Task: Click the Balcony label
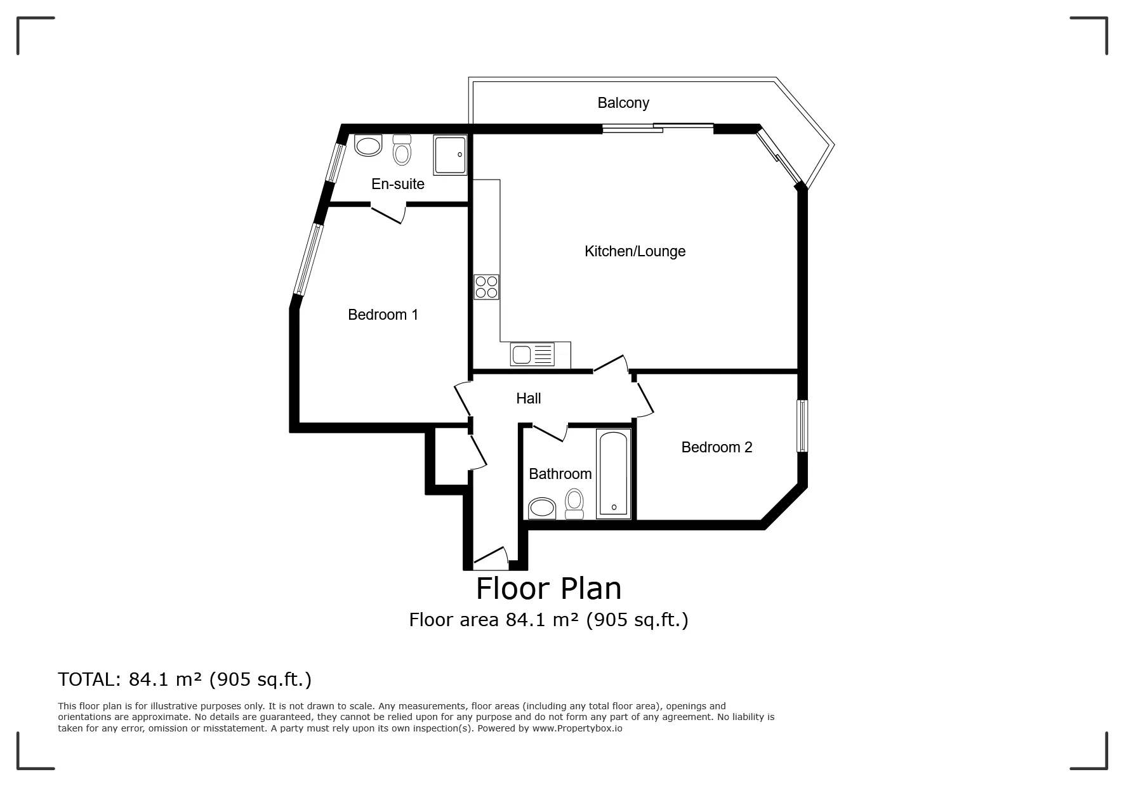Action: (x=623, y=103)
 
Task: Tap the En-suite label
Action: (x=398, y=184)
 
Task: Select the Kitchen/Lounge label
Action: (x=635, y=251)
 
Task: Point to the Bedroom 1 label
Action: (x=383, y=315)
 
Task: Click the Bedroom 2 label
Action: (x=717, y=447)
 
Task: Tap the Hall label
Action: (x=529, y=398)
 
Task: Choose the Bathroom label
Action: (x=560, y=474)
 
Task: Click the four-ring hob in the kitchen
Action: (x=487, y=287)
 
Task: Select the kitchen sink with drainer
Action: (x=532, y=355)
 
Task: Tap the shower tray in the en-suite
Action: (x=451, y=155)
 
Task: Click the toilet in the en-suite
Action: (x=402, y=150)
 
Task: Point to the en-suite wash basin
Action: (x=368, y=145)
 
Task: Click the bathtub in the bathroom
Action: (x=614, y=473)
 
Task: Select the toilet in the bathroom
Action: (x=575, y=504)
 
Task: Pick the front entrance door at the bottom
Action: (x=491, y=556)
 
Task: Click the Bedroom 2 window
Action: (x=803, y=425)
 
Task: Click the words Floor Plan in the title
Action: (x=549, y=589)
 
